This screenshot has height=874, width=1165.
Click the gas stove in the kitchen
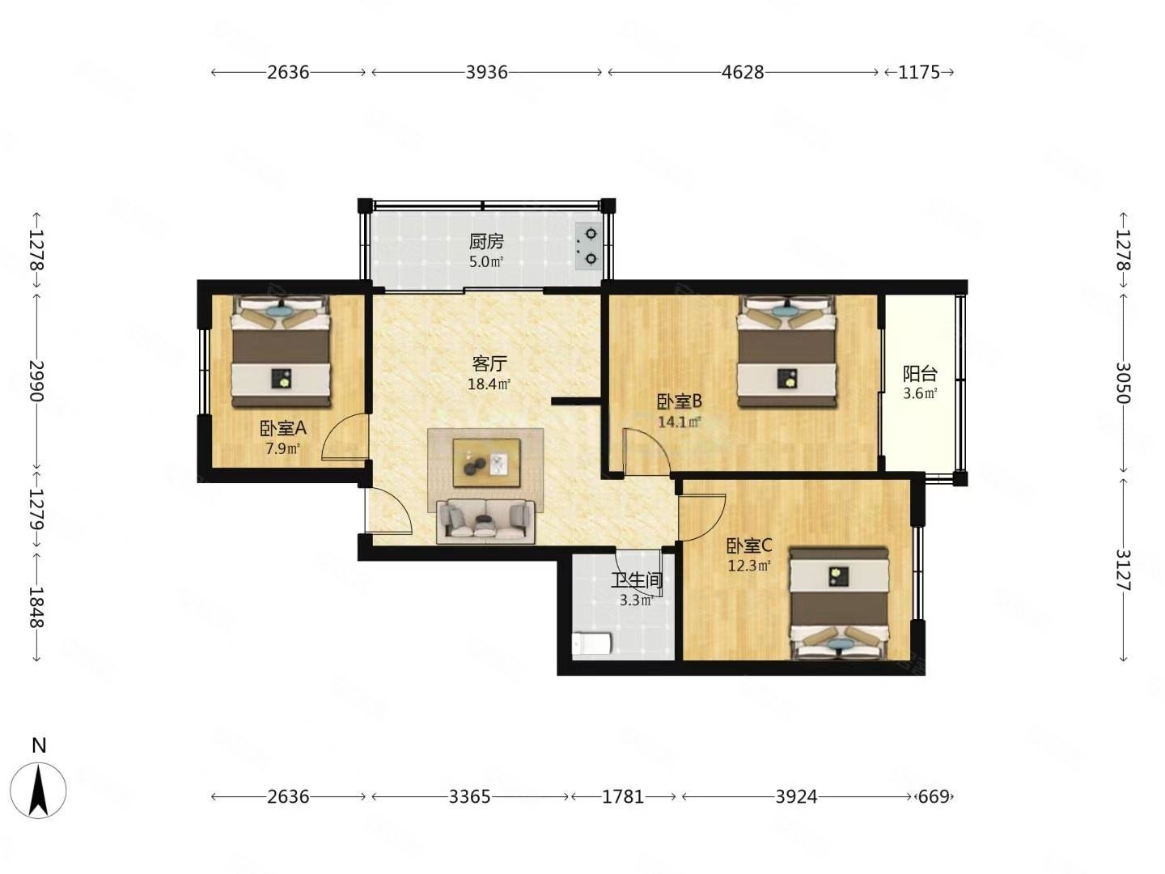(588, 246)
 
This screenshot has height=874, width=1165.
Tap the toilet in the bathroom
(591, 643)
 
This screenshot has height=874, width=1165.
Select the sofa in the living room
(485, 522)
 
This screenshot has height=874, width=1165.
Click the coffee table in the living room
(486, 462)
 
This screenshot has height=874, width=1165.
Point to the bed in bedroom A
(280, 351)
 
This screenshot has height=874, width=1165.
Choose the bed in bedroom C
(839, 604)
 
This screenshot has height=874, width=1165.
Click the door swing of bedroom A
(345, 436)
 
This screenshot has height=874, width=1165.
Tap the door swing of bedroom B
(646, 451)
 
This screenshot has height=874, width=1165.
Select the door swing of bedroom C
(701, 518)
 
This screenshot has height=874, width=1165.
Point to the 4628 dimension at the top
(743, 72)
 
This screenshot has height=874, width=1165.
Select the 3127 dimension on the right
(1122, 570)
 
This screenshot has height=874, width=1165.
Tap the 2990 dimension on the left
(36, 381)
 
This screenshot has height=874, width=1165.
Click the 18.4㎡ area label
(489, 384)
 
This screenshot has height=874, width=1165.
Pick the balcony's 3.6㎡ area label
(920, 393)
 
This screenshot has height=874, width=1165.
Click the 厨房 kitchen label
(485, 242)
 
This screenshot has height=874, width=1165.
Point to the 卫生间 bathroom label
(637, 580)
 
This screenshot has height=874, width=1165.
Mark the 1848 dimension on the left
(36, 607)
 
